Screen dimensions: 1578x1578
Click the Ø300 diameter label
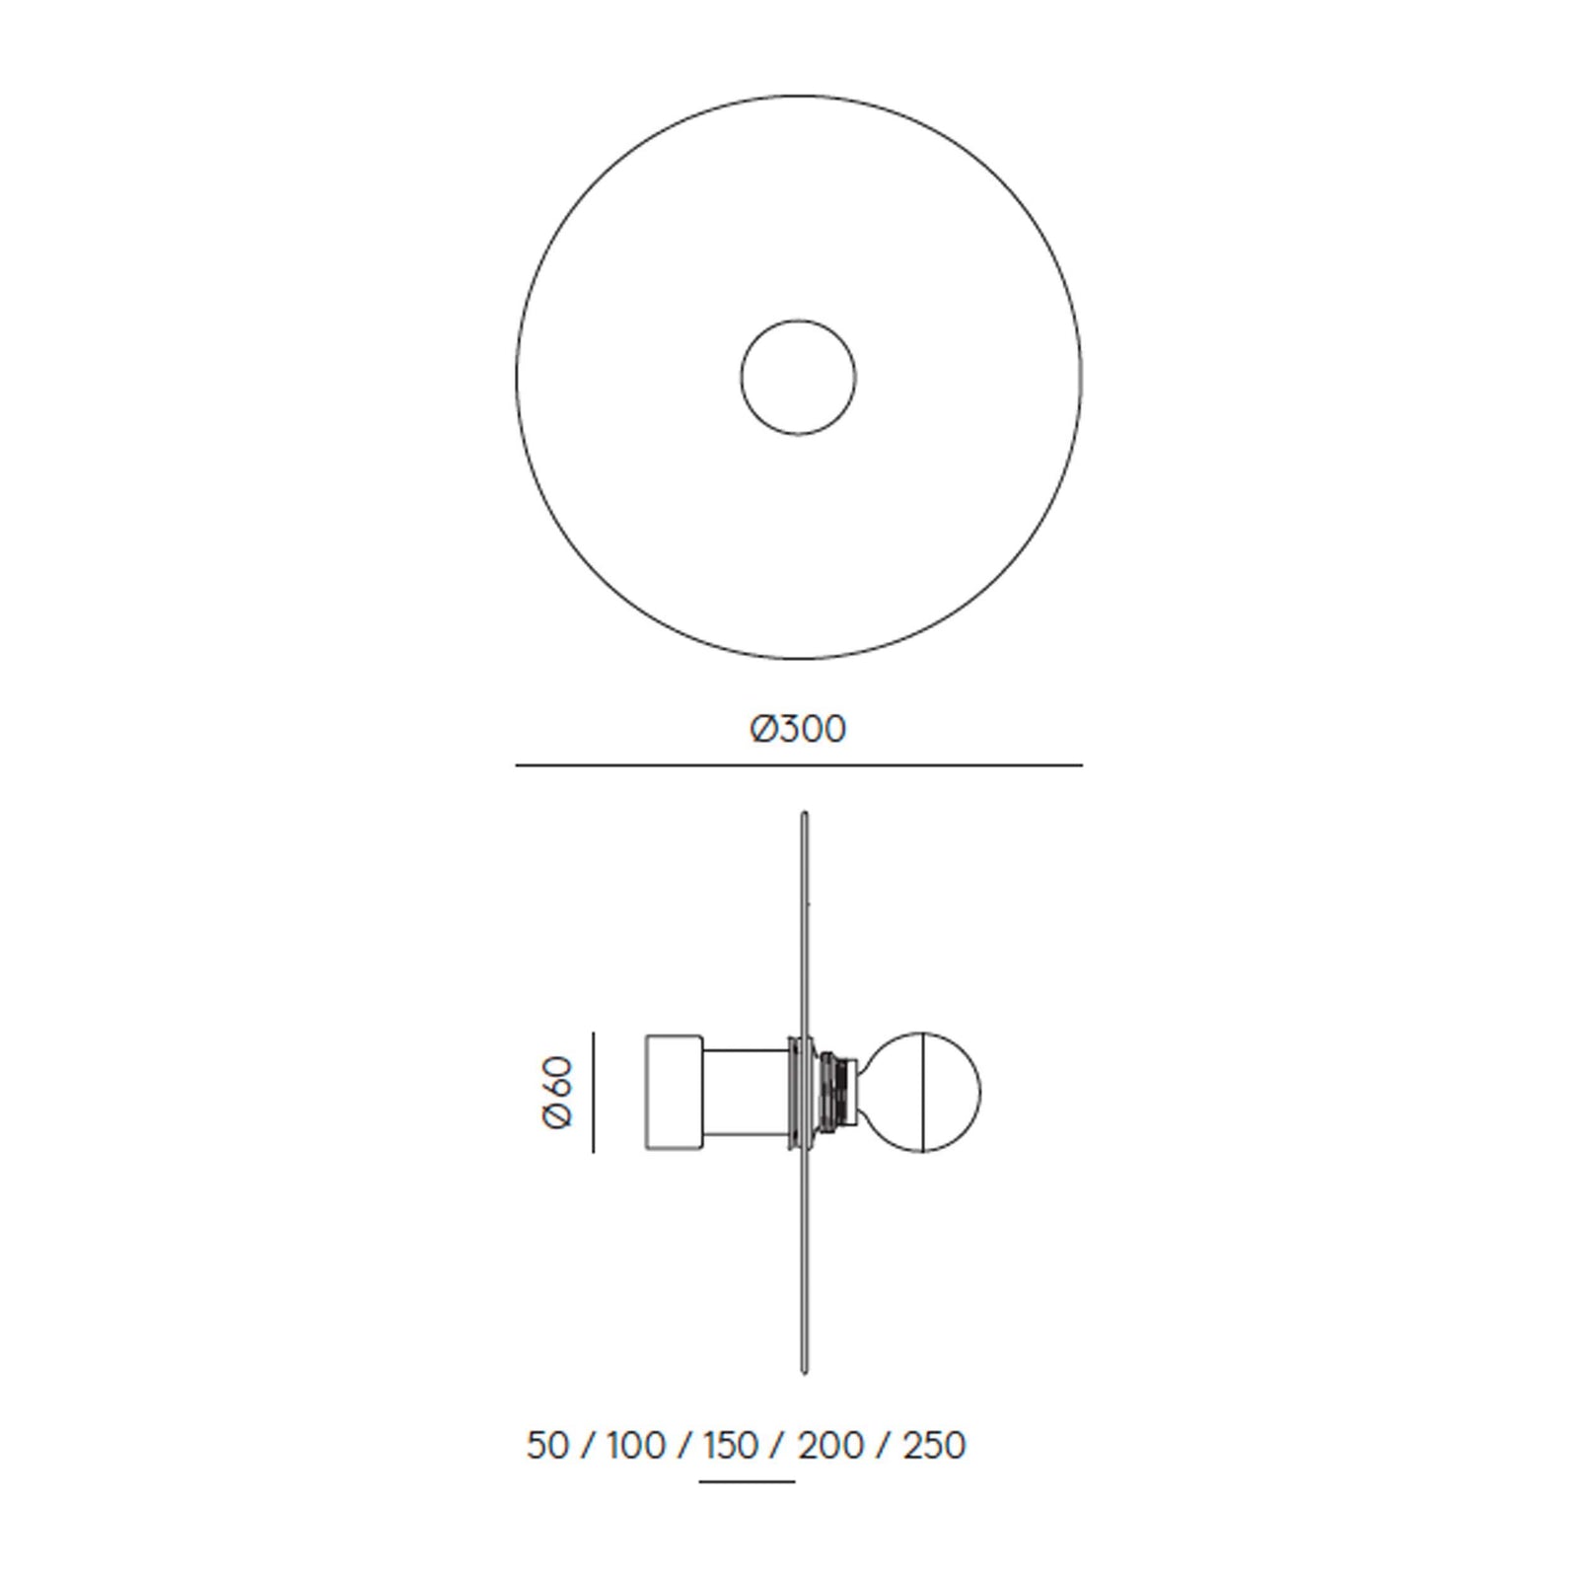(x=798, y=729)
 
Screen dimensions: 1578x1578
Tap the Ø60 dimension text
(x=557, y=1092)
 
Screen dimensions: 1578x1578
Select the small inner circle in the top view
(x=798, y=377)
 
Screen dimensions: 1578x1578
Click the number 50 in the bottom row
(x=547, y=1446)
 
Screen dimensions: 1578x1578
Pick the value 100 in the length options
(x=636, y=1446)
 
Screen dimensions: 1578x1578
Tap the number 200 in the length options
(x=830, y=1446)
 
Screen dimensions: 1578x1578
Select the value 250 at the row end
(x=932, y=1446)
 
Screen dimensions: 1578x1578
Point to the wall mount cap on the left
(x=673, y=1092)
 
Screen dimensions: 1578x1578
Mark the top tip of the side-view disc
(x=805, y=816)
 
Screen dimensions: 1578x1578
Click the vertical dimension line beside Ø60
(x=593, y=1092)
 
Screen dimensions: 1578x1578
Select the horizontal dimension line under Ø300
(x=798, y=764)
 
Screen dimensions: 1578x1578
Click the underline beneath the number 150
(x=746, y=1481)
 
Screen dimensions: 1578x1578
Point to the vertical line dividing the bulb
(x=921, y=1092)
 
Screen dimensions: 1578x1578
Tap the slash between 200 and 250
(x=882, y=1446)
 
